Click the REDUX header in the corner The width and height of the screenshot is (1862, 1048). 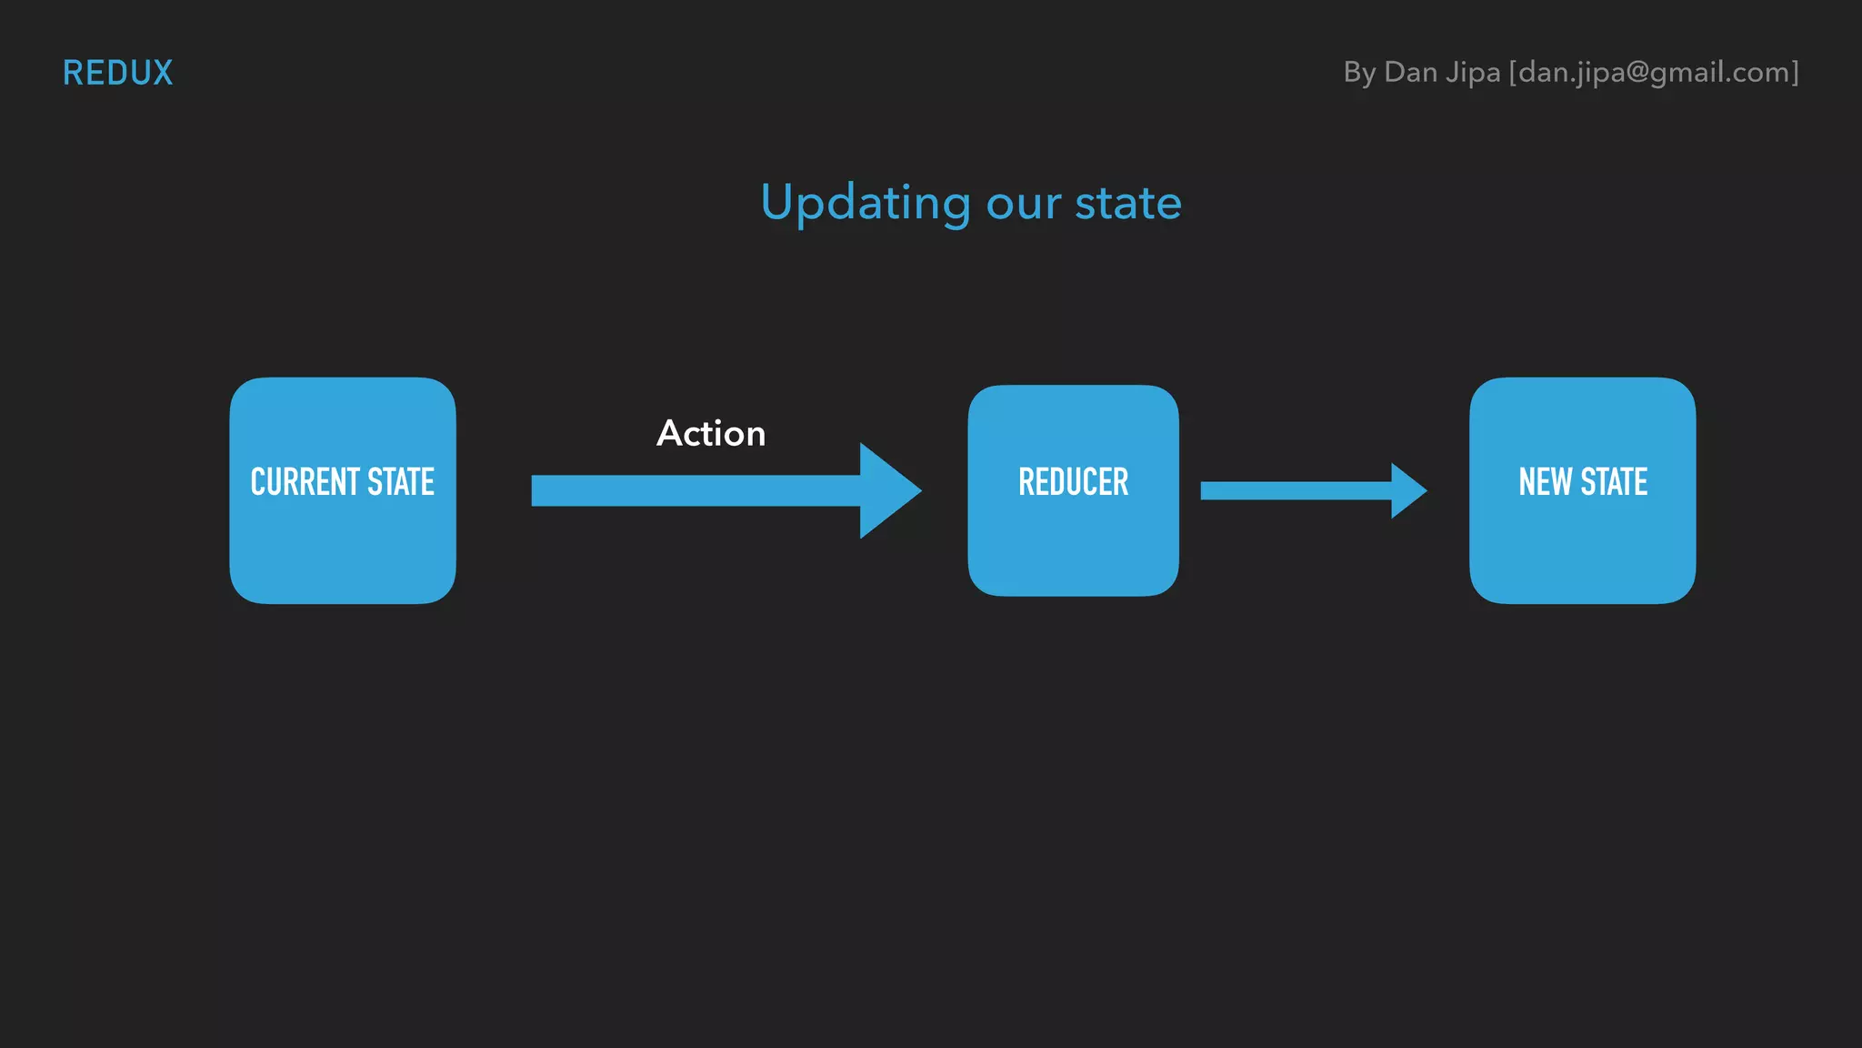tap(117, 73)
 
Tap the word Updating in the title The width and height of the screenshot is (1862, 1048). tap(865, 203)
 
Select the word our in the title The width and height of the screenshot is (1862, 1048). tap(1023, 204)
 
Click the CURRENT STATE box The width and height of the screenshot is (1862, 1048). tap(343, 546)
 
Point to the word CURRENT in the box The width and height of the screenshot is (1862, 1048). tap(305, 482)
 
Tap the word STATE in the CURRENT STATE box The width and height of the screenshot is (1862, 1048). tap(401, 482)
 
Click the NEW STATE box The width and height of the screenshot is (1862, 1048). tap(1582, 546)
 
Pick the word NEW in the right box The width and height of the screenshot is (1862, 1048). tap(1545, 482)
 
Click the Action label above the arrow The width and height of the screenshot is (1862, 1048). tap(711, 434)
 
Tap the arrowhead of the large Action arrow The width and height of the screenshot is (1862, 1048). tap(886, 490)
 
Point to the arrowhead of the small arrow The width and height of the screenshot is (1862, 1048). tap(1407, 491)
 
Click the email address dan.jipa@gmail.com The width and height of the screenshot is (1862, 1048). tap(1654, 73)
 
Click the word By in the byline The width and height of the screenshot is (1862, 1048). tap(1359, 73)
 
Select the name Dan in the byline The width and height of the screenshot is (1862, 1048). tap(1410, 73)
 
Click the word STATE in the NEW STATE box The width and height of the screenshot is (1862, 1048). tap(1614, 482)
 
